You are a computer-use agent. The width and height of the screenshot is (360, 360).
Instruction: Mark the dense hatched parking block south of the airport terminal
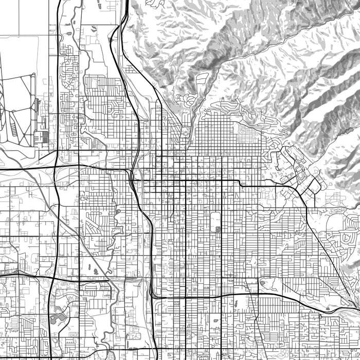[x=42, y=137]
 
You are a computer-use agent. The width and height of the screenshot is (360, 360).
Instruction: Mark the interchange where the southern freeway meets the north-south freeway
[x=152, y=295]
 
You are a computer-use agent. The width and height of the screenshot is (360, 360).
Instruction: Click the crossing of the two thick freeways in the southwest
[x=53, y=278]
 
